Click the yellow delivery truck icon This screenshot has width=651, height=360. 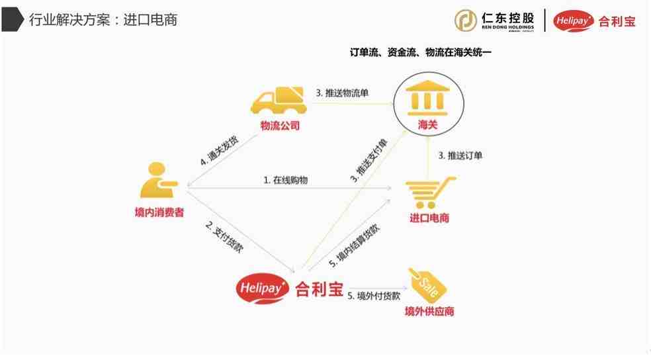point(279,100)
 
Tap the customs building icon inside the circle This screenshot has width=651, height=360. point(427,98)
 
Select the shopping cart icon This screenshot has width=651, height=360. point(430,193)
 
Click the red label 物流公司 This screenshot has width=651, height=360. point(280,125)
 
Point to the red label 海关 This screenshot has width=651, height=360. point(427,124)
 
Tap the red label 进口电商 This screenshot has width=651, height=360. point(429,218)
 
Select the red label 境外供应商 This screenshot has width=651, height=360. point(429,312)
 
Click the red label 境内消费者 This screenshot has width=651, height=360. point(159,212)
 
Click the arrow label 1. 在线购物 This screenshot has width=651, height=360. point(286,180)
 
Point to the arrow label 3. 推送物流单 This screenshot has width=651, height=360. point(342,93)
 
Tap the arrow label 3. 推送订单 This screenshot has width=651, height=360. point(460,156)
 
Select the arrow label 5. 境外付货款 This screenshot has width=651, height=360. point(374,296)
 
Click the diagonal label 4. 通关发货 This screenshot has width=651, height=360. point(220,150)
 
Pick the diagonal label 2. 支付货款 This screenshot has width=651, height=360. point(224,237)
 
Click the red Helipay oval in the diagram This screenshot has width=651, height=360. point(263,288)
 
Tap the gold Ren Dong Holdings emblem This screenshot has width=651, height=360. point(466,20)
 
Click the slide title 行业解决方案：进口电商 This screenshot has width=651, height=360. point(103,19)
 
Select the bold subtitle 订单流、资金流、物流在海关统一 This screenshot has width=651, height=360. point(420,52)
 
